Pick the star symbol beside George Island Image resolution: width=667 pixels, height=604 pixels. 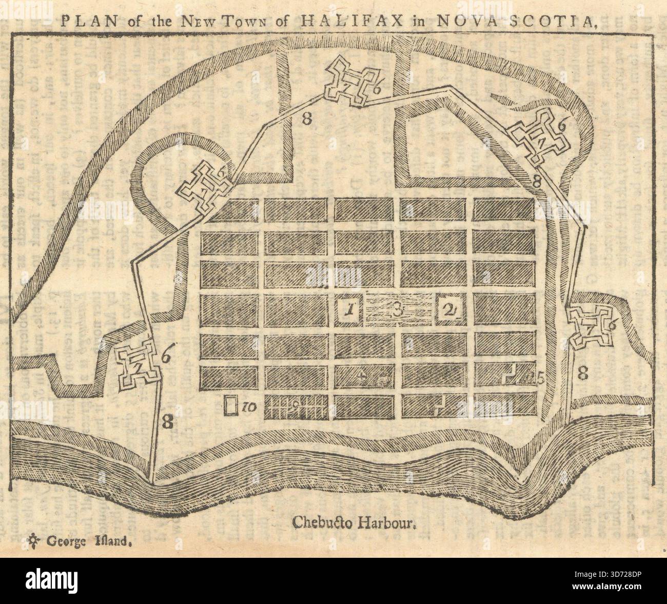pyautogui.click(x=34, y=539)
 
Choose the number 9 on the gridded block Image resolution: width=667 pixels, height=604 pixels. pyautogui.click(x=294, y=405)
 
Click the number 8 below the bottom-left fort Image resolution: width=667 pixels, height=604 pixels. pyautogui.click(x=167, y=421)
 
